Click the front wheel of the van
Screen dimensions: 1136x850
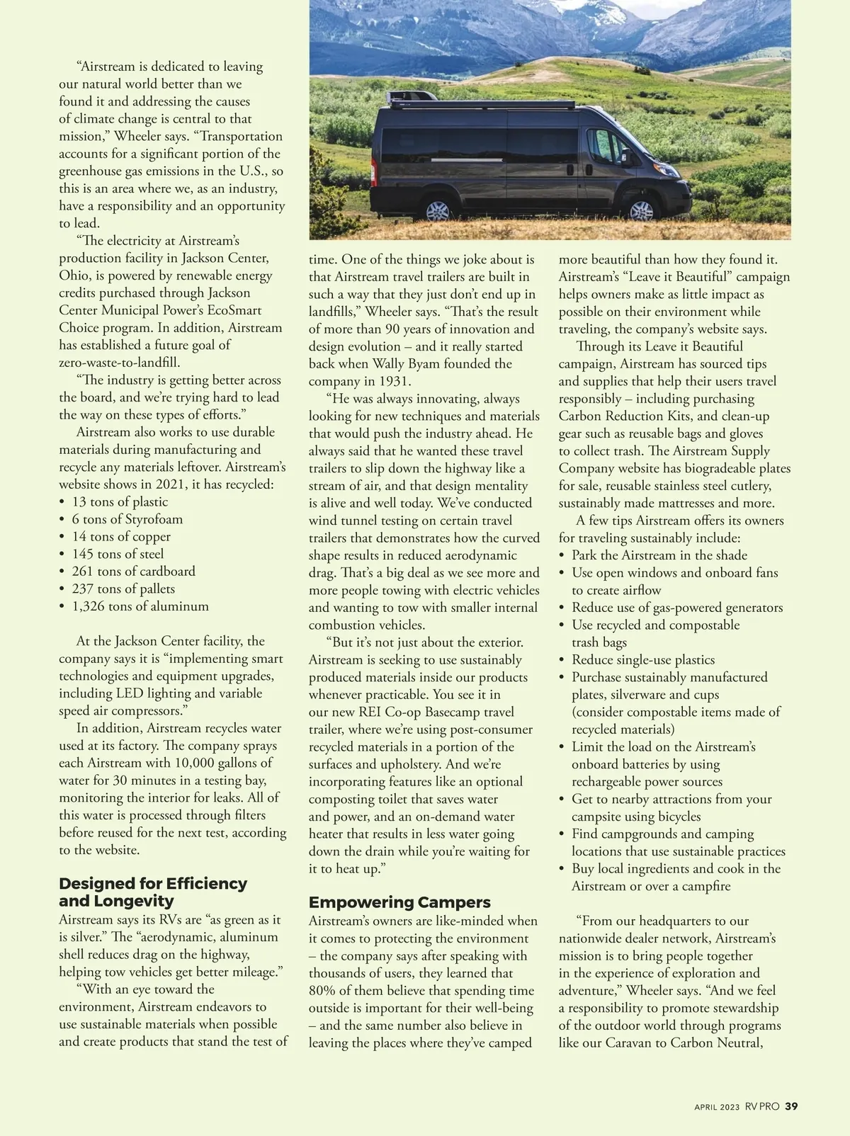(641, 210)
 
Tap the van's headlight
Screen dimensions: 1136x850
(667, 171)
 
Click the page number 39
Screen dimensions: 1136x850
(792, 1106)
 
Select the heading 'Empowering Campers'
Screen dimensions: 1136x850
(399, 902)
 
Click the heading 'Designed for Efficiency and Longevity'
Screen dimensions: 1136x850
(153, 892)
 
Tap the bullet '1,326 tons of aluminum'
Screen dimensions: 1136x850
(140, 606)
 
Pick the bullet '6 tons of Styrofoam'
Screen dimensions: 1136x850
(127, 519)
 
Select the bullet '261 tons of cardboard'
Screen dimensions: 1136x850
(133, 572)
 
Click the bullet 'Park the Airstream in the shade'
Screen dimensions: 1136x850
(659, 555)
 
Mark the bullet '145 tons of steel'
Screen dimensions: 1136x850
(118, 554)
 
